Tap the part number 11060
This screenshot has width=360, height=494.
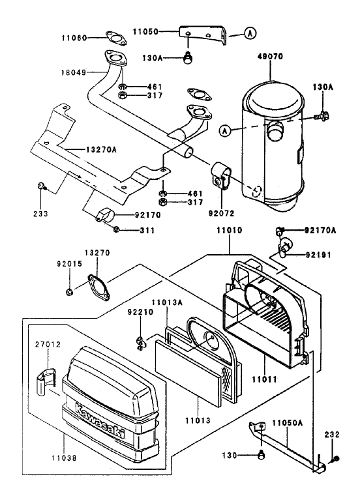[x=85, y=38]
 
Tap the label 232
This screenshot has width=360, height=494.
[x=332, y=433]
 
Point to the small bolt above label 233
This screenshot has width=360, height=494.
[x=41, y=187]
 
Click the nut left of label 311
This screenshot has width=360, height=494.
[x=117, y=229]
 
